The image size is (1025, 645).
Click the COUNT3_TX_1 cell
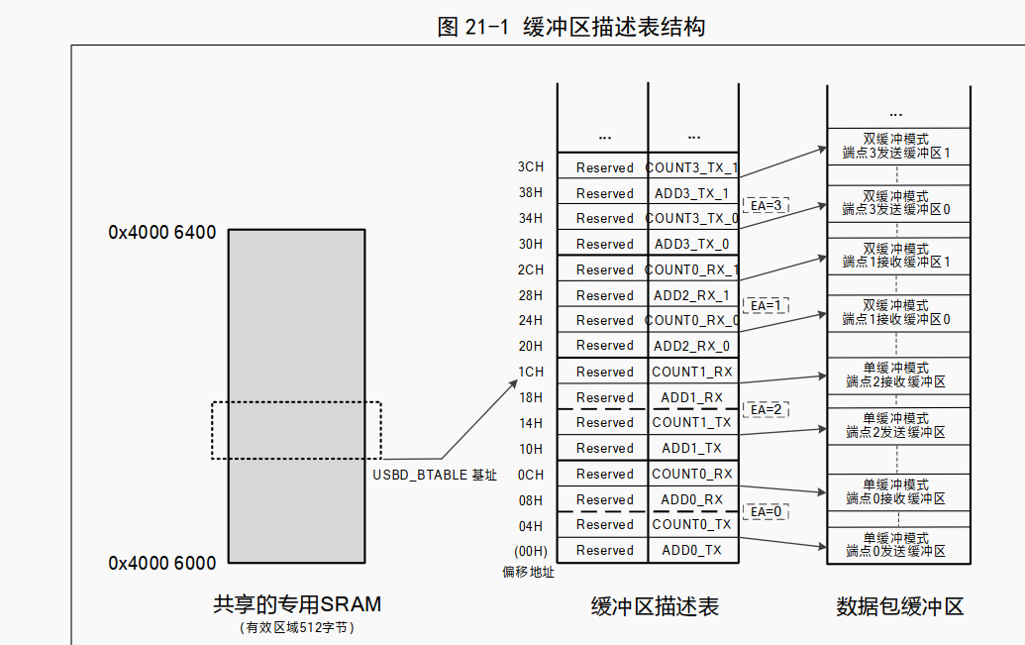[692, 168]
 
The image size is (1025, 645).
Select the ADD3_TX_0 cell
[692, 244]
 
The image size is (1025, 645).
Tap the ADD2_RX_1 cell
[692, 295]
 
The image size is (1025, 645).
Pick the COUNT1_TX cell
[692, 422]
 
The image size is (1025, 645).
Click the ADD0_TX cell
[692, 550]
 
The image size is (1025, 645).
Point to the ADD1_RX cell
[692, 397]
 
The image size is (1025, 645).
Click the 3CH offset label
[530, 167]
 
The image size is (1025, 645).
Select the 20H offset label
[531, 346]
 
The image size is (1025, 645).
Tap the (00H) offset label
[529, 551]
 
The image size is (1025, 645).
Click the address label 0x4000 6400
[162, 234]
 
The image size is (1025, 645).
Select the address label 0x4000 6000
[162, 564]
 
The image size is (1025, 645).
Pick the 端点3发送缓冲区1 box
[896, 146]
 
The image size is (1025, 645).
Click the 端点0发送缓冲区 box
[896, 544]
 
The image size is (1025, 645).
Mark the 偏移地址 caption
[529, 573]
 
